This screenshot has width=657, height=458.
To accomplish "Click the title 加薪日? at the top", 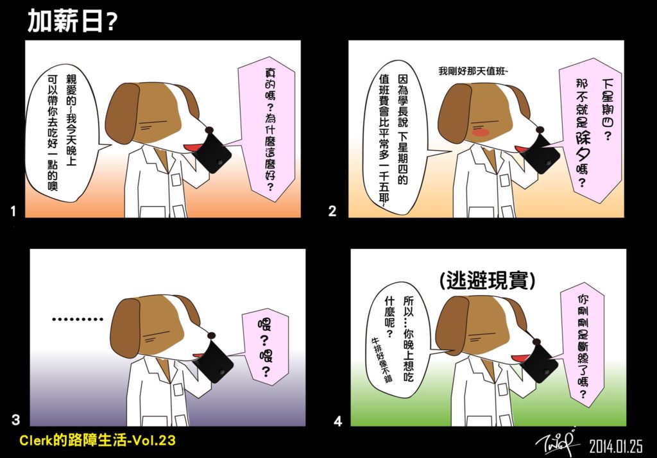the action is tap(72, 21).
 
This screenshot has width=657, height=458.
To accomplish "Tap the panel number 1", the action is tap(13, 211).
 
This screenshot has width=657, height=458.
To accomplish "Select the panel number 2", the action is tap(332, 211).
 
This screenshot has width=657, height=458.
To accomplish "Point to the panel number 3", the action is tap(16, 420).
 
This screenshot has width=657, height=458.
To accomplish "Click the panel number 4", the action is tap(338, 421).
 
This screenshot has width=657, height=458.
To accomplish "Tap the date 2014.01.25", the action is tap(615, 446).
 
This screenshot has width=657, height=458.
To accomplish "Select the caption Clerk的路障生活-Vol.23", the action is tap(98, 441).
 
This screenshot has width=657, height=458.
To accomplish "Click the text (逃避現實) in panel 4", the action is tap(488, 280).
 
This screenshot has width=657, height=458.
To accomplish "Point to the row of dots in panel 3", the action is tap(78, 319).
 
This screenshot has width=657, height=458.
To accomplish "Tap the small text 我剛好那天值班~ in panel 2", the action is tap(473, 71).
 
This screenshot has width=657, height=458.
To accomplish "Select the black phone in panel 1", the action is tap(214, 151).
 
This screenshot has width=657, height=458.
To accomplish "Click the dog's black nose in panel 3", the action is tap(212, 335).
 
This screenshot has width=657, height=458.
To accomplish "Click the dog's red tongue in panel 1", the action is tap(193, 148).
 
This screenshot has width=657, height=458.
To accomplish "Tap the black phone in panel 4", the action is tap(540, 360).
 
